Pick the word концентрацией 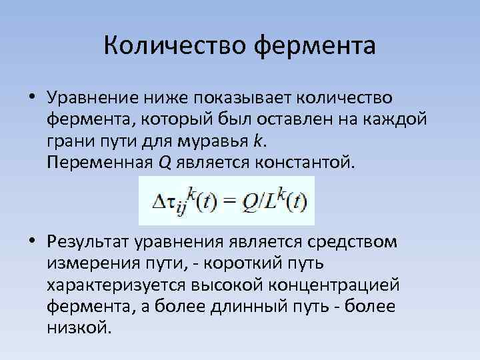pos(338,285)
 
